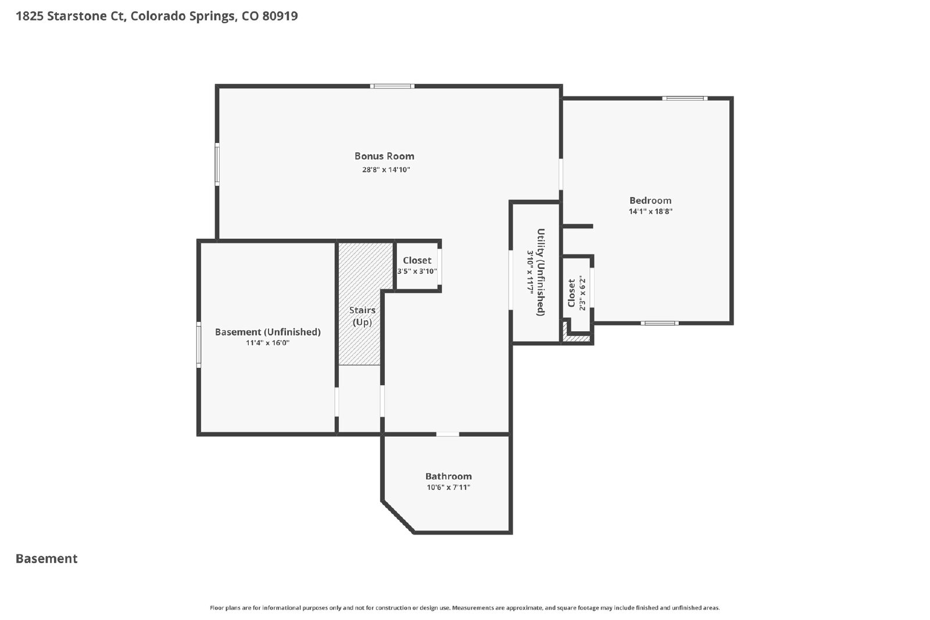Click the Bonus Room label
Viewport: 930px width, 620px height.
[384, 156]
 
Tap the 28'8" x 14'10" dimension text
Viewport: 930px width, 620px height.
[386, 169]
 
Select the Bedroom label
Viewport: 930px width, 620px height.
[650, 200]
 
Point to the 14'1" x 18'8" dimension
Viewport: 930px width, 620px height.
[650, 212]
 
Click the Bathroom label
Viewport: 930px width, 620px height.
[448, 476]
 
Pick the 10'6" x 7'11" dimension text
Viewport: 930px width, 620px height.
[448, 487]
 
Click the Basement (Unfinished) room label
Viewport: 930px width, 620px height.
[268, 332]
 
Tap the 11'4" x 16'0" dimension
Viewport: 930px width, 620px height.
[267, 343]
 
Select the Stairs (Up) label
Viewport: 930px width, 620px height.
[362, 316]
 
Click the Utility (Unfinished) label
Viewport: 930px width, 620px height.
[541, 273]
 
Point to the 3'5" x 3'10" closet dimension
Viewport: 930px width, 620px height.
[417, 271]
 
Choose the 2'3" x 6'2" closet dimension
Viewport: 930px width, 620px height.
[582, 293]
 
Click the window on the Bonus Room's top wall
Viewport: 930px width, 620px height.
[392, 87]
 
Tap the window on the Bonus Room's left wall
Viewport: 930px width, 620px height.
[217, 164]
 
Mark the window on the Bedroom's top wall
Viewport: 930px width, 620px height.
[685, 98]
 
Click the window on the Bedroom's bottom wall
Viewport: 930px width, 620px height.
[659, 323]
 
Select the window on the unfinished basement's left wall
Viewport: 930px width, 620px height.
[198, 345]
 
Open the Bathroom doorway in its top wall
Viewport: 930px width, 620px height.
[448, 434]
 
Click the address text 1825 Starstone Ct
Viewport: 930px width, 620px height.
[70, 16]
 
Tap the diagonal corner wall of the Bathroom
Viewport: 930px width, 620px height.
[398, 517]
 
